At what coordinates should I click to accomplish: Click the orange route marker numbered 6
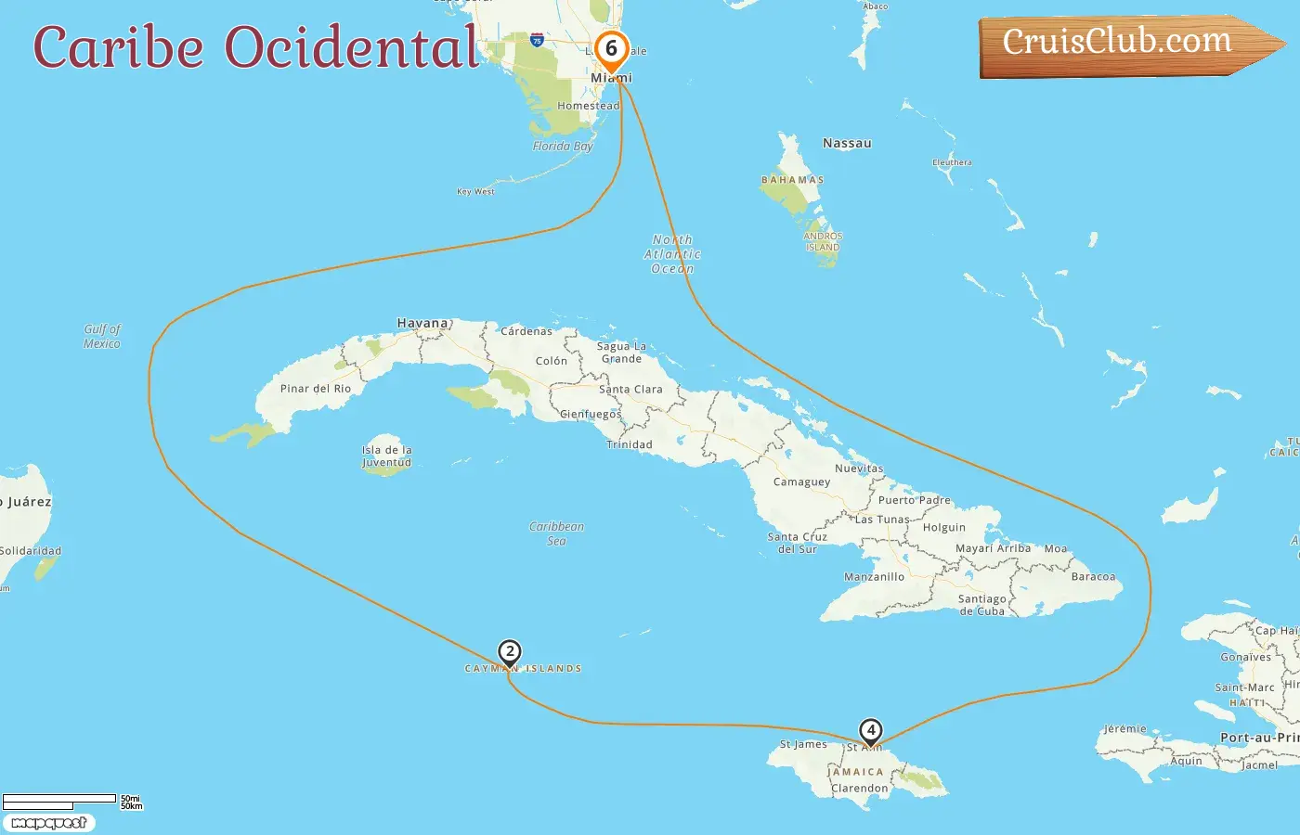click(x=611, y=49)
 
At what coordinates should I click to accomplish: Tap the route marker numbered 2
click(x=509, y=651)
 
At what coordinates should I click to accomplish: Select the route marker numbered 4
click(x=870, y=730)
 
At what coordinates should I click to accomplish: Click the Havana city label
click(x=422, y=323)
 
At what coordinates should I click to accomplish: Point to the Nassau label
click(x=847, y=143)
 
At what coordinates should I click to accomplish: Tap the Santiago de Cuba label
click(x=981, y=605)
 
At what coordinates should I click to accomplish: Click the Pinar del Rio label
click(x=316, y=389)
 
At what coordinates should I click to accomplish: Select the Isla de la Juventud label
click(x=386, y=456)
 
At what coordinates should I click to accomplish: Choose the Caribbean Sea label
click(x=556, y=533)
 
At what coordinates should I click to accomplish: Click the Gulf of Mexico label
click(x=102, y=336)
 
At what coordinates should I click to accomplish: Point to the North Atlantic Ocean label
click(x=672, y=254)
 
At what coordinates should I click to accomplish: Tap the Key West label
click(x=475, y=191)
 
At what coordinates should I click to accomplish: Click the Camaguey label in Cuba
click(x=801, y=482)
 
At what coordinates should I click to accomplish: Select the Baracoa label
click(x=1093, y=576)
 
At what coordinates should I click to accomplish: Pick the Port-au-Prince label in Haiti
click(x=1259, y=738)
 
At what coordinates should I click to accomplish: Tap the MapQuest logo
click(x=49, y=823)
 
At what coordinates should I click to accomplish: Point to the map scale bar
click(x=60, y=801)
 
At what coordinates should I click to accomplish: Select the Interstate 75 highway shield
click(x=537, y=40)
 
